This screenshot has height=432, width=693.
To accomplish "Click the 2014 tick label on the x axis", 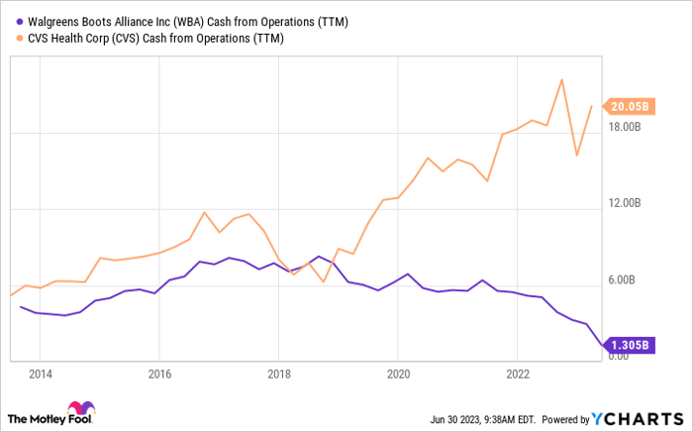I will point(40,375).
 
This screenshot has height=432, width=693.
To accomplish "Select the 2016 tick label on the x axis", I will point(159,375).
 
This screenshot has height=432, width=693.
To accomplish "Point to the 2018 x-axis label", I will point(278,375).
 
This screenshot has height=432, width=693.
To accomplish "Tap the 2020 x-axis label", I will point(397,375).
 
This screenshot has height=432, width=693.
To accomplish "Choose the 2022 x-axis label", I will point(517,375).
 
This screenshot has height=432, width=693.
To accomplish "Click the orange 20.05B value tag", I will point(631,106).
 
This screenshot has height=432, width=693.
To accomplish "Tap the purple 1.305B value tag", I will point(631,346).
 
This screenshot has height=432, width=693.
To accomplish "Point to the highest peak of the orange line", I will point(561,79).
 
